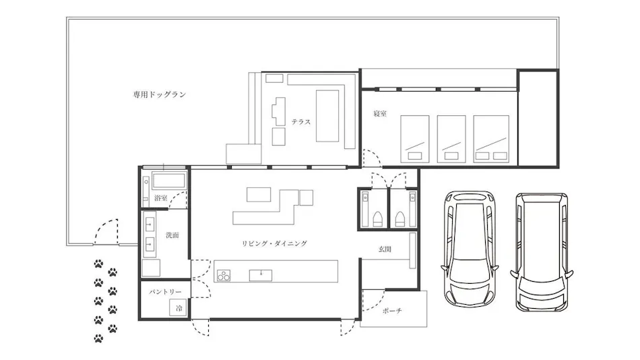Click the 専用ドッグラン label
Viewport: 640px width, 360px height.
tap(159, 95)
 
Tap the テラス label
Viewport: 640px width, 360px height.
tap(301, 122)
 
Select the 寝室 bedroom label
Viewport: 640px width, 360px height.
tap(380, 114)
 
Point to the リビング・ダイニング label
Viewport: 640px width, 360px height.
tap(274, 243)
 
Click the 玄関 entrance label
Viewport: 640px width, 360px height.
tap(385, 249)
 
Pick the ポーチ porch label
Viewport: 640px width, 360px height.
tap(392, 311)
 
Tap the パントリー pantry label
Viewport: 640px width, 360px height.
tap(165, 292)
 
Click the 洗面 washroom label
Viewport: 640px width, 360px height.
tap(172, 235)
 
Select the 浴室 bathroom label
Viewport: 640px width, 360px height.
tap(161, 198)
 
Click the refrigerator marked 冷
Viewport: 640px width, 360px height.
tap(179, 307)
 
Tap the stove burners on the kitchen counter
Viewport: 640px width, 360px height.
tap(223, 276)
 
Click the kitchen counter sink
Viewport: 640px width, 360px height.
tap(261, 275)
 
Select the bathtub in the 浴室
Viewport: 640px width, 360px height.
tap(169, 181)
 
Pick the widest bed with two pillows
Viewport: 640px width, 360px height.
tap(491, 139)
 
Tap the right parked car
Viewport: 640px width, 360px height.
tap(542, 251)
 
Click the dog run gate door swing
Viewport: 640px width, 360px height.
tap(106, 232)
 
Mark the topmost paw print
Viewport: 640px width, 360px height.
tap(98, 264)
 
